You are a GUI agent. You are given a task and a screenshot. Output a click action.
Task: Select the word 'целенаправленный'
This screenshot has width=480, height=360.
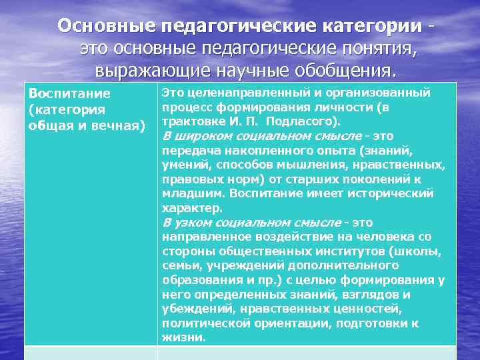click(x=238, y=93)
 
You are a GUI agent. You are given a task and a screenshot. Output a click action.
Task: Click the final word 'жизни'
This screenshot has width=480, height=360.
click(x=183, y=338)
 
